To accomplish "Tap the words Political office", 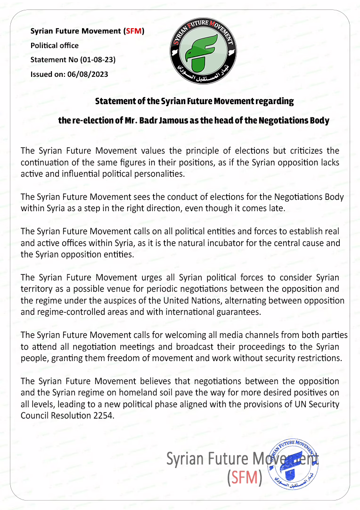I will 54,46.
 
